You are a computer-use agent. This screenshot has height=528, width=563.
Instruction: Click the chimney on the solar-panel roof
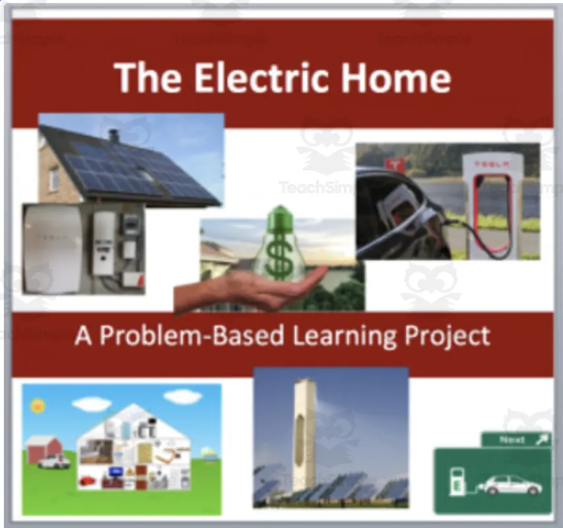pos(114,135)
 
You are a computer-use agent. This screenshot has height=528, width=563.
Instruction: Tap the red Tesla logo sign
pos(395,164)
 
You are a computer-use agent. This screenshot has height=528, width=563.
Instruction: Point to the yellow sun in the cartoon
pos(37,405)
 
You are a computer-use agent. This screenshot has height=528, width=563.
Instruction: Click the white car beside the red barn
pos(53,461)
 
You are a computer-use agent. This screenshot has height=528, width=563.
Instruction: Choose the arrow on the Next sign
pos(541,440)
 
